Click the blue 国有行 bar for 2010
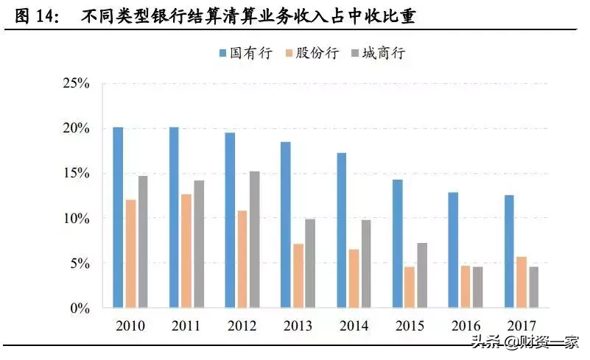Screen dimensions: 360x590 (x=118, y=217)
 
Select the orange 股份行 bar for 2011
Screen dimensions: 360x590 (x=186, y=251)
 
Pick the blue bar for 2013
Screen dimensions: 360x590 (x=286, y=225)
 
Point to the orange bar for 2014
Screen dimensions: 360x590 (x=354, y=278)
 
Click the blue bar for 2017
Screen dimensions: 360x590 (x=510, y=251)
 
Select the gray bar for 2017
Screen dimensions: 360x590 (x=534, y=287)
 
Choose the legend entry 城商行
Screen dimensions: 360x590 (x=382, y=53)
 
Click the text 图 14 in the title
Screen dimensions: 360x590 (x=38, y=16)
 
